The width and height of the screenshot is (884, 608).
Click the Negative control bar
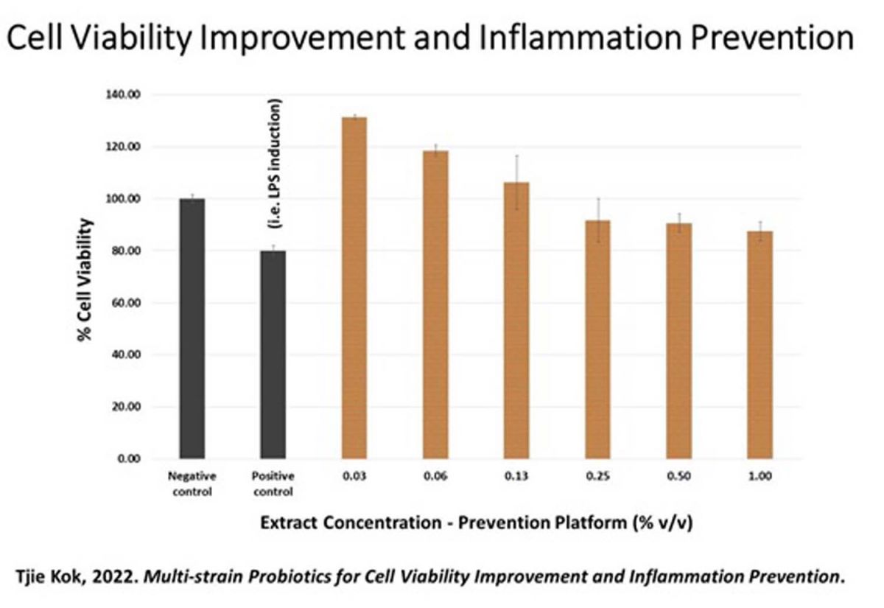click(x=192, y=329)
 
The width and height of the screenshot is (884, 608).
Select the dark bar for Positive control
click(x=273, y=354)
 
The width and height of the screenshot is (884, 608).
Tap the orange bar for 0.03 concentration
click(x=354, y=288)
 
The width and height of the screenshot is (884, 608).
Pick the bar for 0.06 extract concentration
click(x=435, y=304)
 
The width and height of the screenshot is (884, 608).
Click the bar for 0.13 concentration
click(x=516, y=320)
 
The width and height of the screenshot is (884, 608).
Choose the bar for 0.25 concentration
click(x=597, y=339)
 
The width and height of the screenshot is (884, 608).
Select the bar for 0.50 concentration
click(x=678, y=340)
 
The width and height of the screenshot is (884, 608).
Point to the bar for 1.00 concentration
click(x=760, y=345)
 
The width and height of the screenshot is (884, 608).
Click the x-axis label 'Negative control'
click(x=192, y=484)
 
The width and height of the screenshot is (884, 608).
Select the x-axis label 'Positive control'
click(x=273, y=484)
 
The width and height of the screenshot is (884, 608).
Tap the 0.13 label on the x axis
click(x=516, y=477)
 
